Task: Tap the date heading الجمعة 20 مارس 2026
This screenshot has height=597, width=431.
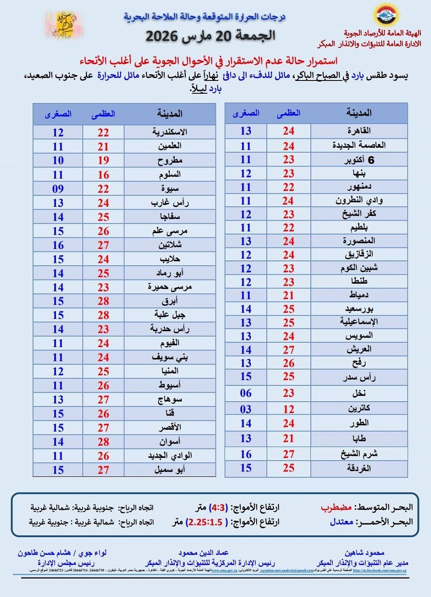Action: pos(211,35)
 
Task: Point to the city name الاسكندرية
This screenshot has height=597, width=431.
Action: pos(170,133)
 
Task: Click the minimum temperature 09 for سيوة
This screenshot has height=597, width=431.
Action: pos(58,189)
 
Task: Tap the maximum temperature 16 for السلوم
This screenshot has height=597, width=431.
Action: pos(103,175)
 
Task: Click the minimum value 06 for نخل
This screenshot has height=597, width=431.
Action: pos(246,394)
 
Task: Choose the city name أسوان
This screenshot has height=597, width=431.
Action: pos(170,442)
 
